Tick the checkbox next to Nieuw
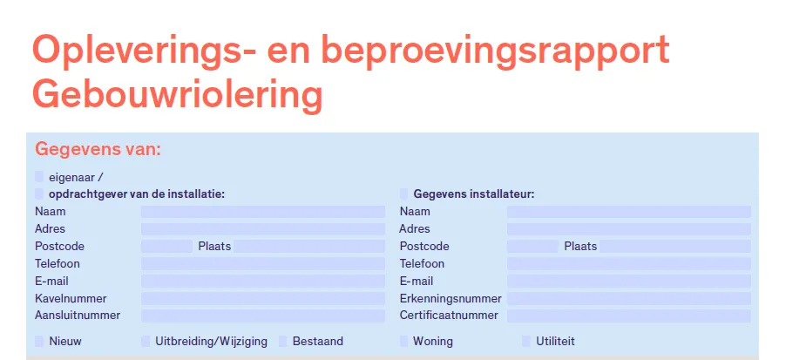click(39, 342)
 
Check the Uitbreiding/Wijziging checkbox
click(146, 342)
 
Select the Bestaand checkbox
click(282, 342)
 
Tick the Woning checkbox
click(404, 342)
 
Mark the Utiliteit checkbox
click(525, 342)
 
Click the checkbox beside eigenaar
click(39, 177)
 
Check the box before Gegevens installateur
click(404, 194)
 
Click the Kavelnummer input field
click(263, 299)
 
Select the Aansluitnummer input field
click(263, 316)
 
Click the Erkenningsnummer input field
click(629, 299)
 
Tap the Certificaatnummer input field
click(629, 316)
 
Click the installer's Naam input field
click(629, 212)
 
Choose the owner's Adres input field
click(263, 229)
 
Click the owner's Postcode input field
click(167, 246)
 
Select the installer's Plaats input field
click(675, 246)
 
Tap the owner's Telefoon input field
click(263, 264)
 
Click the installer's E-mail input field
click(629, 282)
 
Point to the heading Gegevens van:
click(98, 149)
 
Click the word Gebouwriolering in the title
click(178, 96)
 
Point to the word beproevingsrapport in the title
click(494, 51)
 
